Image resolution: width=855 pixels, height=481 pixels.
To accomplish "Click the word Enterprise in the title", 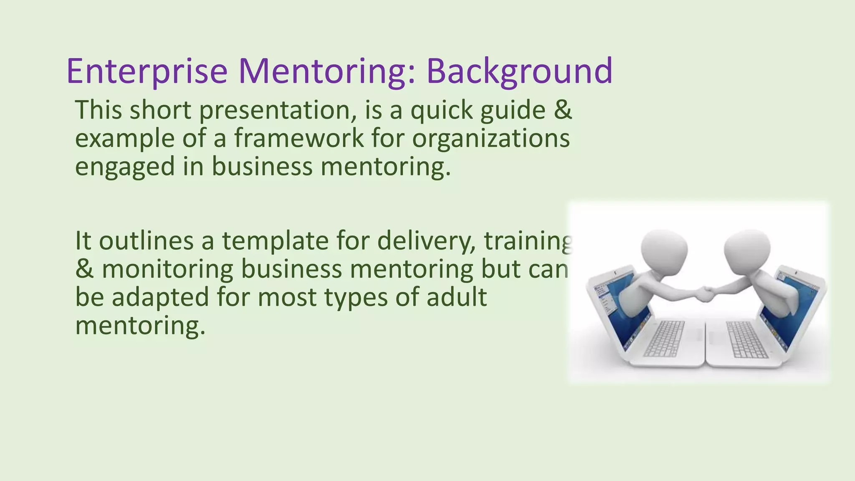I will click(x=147, y=71).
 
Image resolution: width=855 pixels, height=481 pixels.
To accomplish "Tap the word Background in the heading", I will click(x=519, y=71).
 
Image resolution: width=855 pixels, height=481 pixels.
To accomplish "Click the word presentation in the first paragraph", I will click(x=278, y=110).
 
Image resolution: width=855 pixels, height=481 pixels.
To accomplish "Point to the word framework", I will click(x=299, y=138).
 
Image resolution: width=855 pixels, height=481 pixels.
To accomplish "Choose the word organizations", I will click(x=491, y=138).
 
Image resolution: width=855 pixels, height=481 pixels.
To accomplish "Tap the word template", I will click(x=275, y=241).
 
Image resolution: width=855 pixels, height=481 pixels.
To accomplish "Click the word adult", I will click(x=457, y=297).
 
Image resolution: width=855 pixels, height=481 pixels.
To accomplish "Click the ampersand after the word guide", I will click(x=563, y=110).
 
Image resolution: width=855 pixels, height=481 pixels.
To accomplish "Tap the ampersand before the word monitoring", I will click(x=84, y=269).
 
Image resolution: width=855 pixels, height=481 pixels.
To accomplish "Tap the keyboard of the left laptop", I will click(x=664, y=338).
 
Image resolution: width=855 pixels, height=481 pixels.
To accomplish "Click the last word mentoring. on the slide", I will click(x=140, y=325).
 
